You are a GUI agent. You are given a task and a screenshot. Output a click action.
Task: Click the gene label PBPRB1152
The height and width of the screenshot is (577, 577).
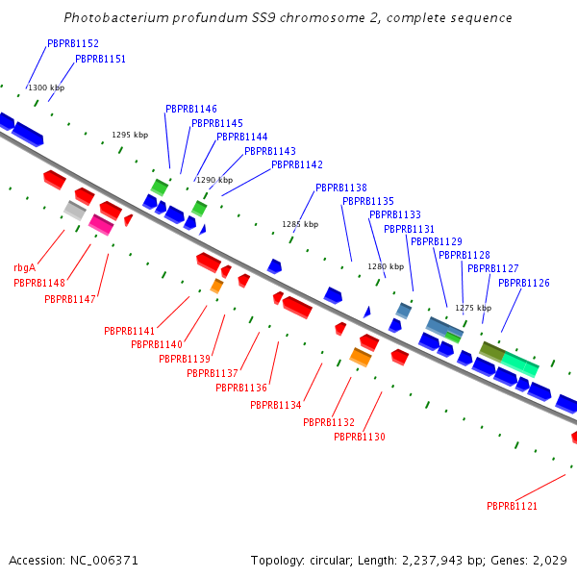[73, 44]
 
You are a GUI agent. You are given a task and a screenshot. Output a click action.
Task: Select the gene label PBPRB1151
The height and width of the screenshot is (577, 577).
[100, 60]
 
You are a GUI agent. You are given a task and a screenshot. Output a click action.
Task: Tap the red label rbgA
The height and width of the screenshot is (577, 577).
[25, 268]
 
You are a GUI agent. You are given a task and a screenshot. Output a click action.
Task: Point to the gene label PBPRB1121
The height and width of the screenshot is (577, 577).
[512, 506]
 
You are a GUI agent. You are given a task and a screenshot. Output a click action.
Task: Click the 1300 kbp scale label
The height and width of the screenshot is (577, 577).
[46, 88]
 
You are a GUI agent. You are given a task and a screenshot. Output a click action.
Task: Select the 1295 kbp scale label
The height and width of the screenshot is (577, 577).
[130, 136]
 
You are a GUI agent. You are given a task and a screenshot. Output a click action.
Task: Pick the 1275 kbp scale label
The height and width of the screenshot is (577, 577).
[473, 309]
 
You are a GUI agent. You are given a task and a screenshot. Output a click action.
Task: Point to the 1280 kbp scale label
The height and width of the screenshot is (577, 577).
[386, 266]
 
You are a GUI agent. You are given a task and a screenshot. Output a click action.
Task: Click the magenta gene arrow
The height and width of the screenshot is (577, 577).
[100, 224]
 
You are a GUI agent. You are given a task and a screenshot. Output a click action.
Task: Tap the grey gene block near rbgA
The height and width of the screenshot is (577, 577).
[75, 210]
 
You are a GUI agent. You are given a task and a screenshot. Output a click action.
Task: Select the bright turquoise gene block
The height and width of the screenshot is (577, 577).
[520, 364]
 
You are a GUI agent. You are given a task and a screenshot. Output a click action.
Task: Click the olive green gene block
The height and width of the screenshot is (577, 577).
[491, 351]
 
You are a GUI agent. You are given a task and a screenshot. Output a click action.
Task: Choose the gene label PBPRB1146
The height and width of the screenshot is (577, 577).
[191, 110]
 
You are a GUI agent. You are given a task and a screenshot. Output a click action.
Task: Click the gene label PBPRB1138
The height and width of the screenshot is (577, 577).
[341, 188]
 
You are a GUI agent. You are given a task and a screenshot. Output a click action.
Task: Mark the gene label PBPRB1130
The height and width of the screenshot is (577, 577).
[360, 438]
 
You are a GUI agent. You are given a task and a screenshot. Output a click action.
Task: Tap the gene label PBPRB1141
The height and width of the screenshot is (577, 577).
[130, 332]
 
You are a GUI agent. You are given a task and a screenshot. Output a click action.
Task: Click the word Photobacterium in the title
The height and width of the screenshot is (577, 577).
[110, 18]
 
